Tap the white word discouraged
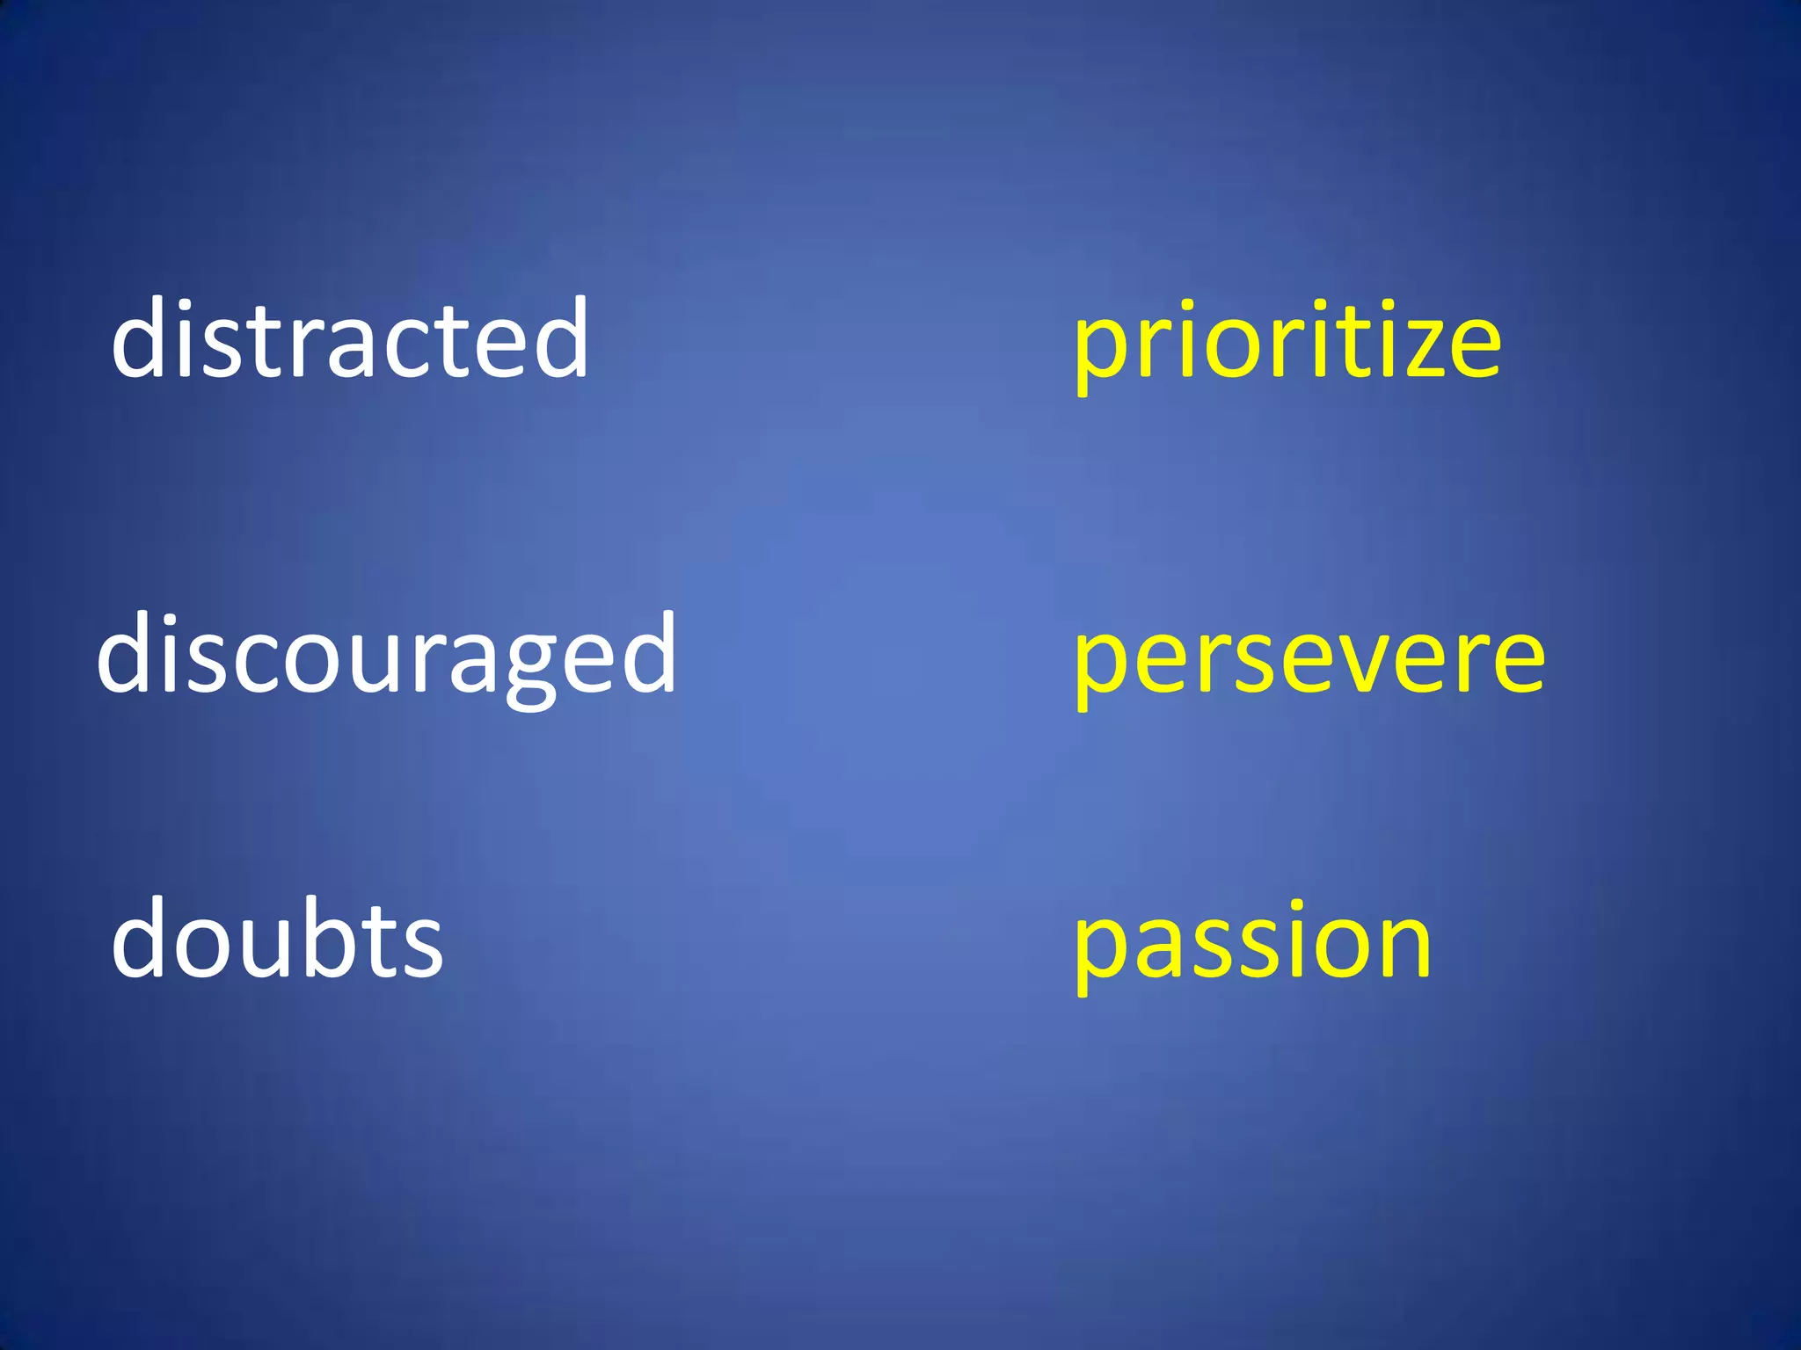(387, 655)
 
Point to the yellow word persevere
(1309, 659)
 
